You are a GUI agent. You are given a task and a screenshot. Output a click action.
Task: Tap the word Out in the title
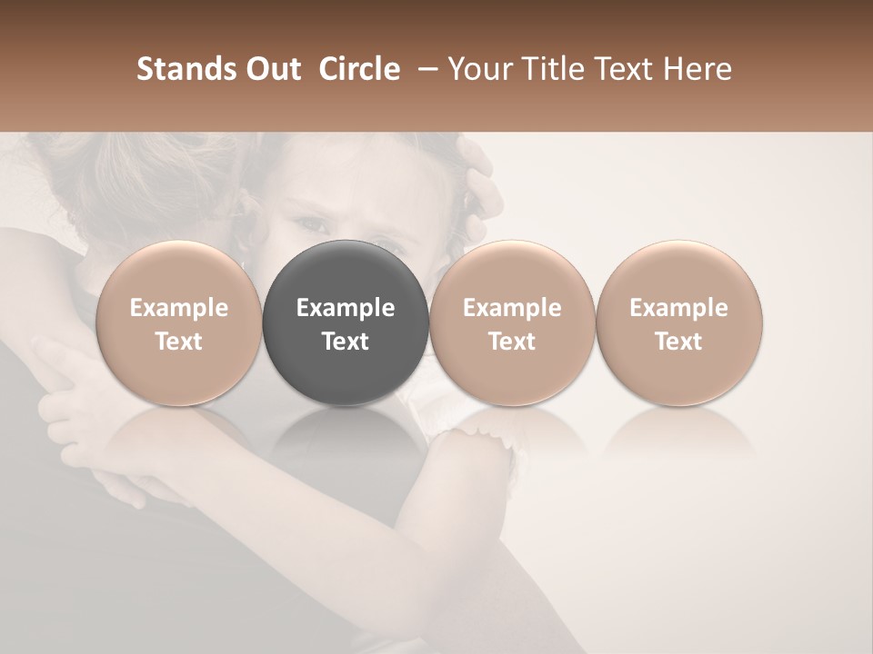pyautogui.click(x=272, y=69)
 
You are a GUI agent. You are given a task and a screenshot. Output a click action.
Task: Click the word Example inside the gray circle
pyautogui.click(x=346, y=309)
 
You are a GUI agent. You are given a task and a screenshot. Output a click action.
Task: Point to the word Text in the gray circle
pyautogui.click(x=346, y=342)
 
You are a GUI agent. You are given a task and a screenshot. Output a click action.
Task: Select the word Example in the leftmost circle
pyautogui.click(x=178, y=309)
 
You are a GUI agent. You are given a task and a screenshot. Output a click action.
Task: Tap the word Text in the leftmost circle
pyautogui.click(x=178, y=342)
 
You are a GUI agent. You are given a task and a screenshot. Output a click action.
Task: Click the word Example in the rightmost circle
pyautogui.click(x=678, y=309)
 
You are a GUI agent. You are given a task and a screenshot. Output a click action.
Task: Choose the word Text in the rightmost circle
pyautogui.click(x=678, y=342)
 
